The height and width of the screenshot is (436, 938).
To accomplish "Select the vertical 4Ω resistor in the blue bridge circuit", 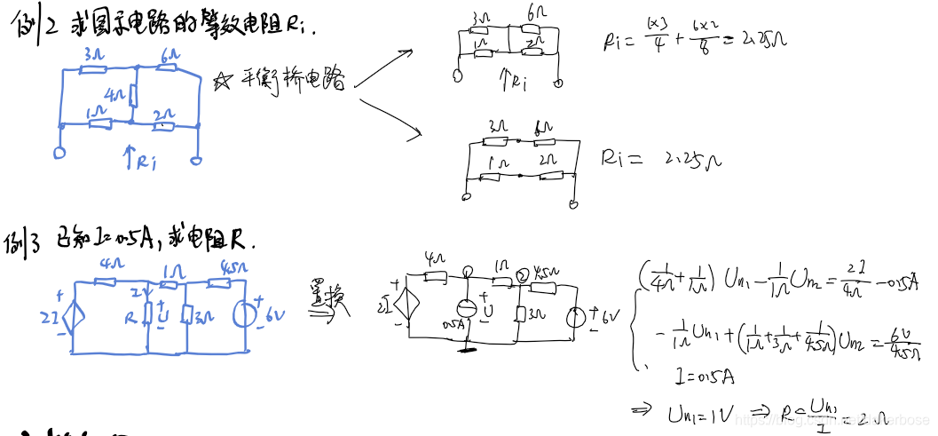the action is (132, 95).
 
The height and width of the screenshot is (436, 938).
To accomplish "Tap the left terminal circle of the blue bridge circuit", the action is (60, 152).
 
